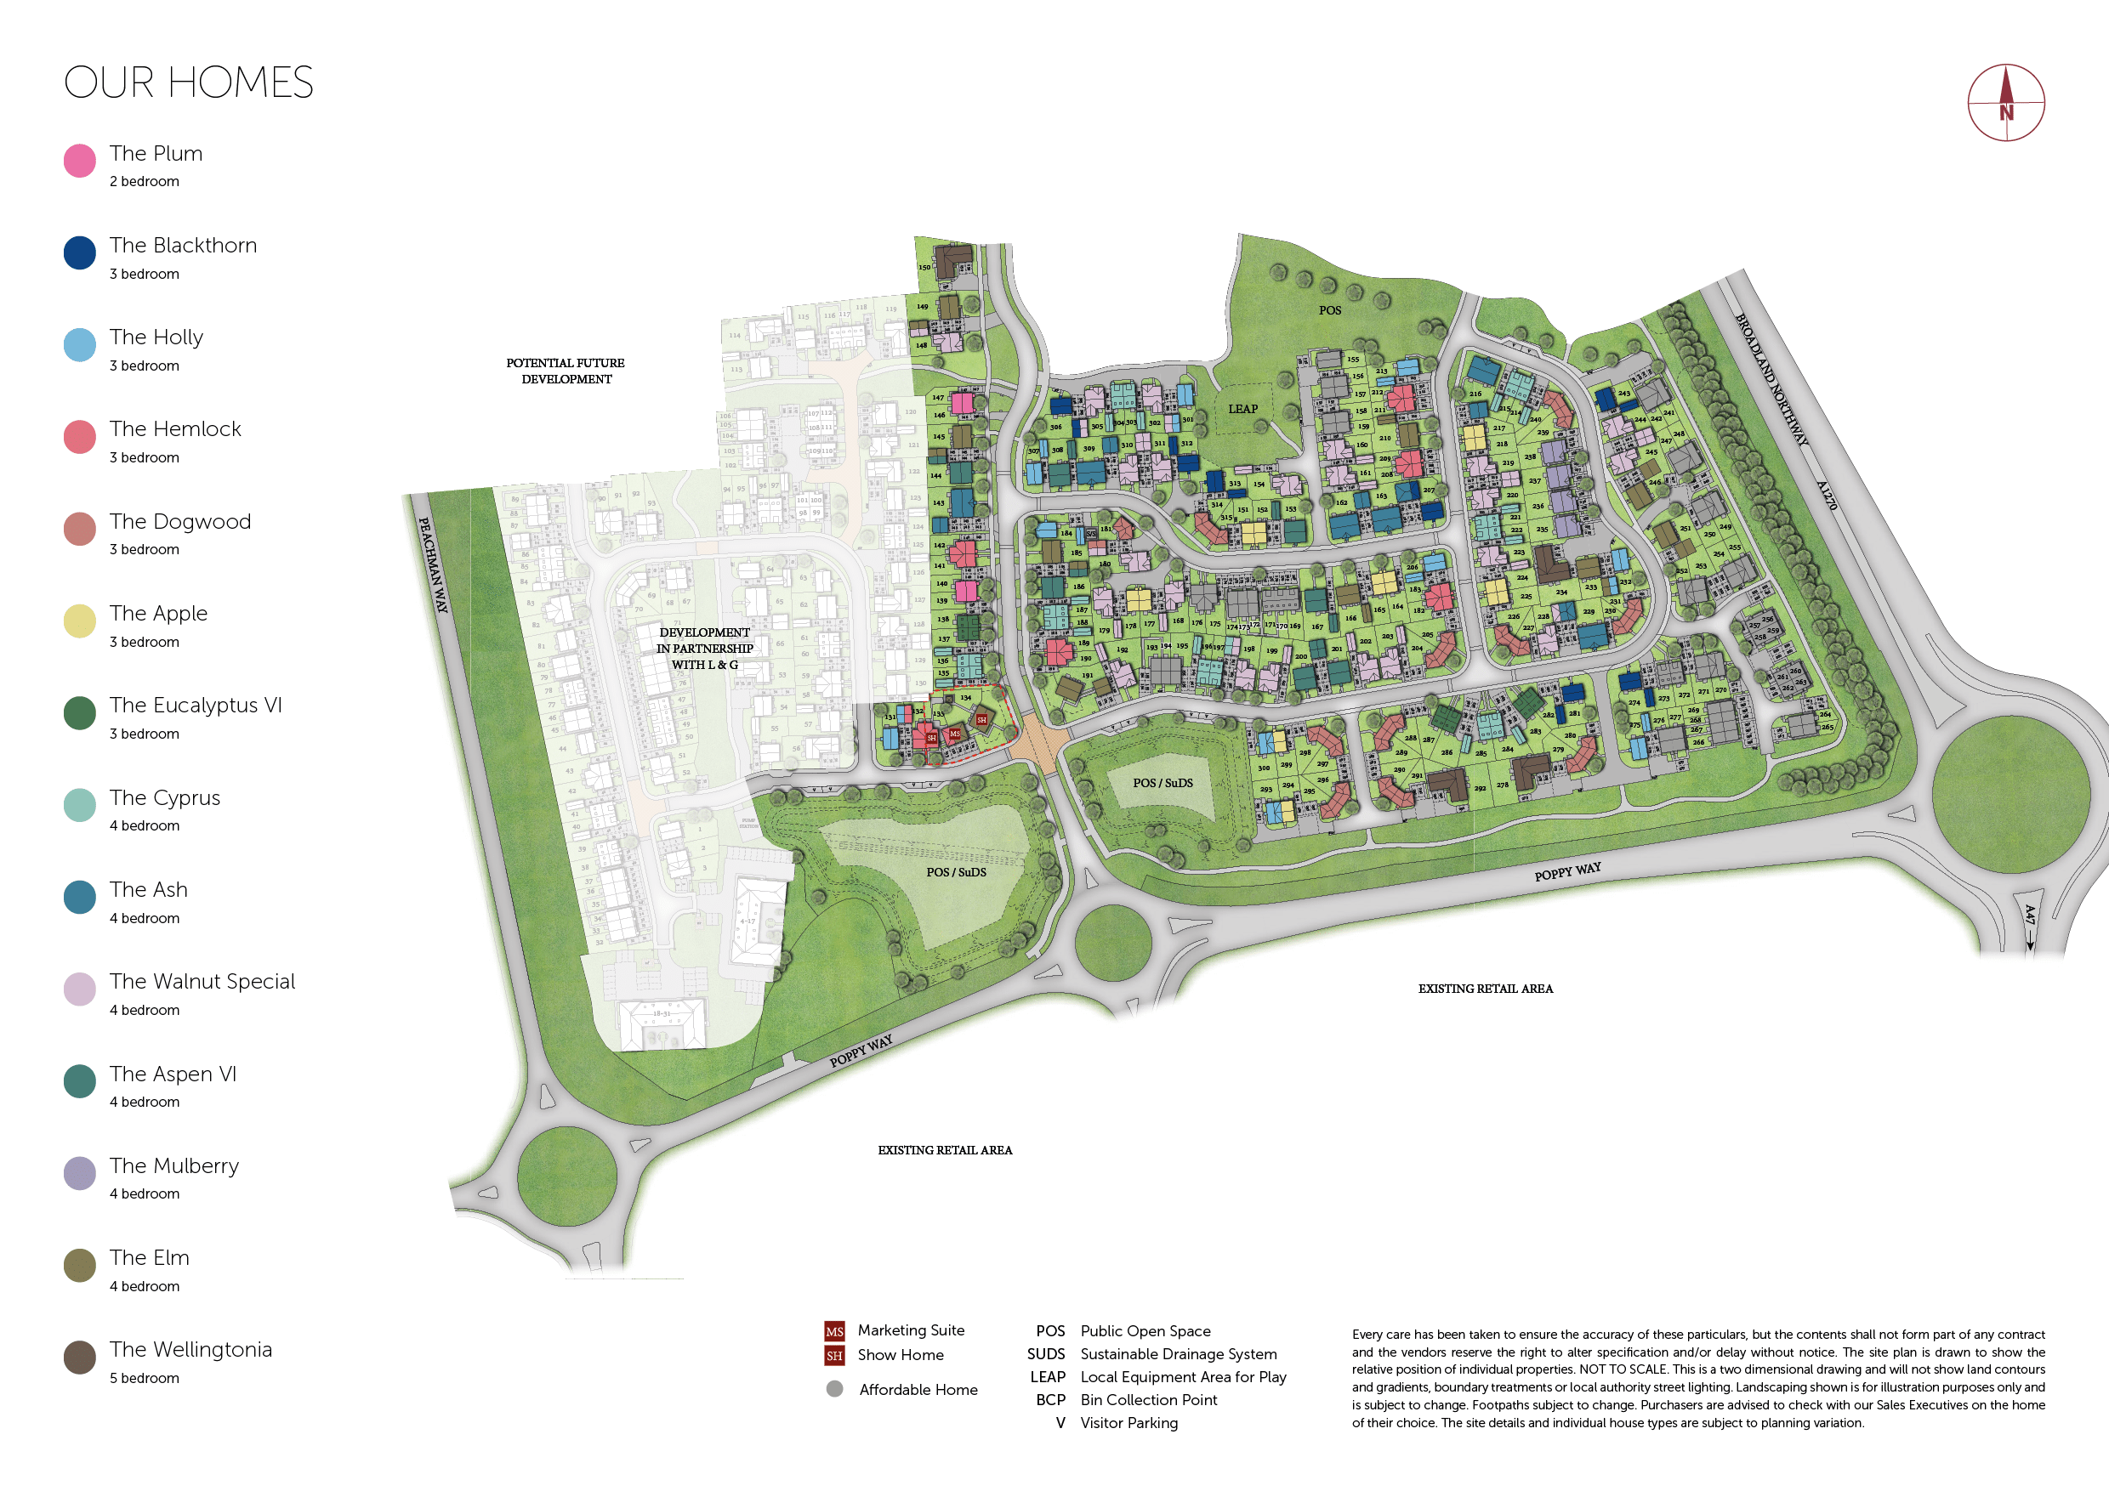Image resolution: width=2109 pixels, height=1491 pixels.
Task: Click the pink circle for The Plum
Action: point(80,161)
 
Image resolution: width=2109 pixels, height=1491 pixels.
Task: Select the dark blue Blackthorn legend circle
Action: point(80,252)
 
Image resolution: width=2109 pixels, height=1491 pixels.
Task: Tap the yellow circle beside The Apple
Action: point(80,621)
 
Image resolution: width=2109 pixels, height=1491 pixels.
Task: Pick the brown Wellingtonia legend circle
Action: point(80,1357)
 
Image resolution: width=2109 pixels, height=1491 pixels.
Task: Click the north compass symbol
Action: point(2005,103)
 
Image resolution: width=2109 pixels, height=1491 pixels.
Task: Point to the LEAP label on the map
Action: point(1242,410)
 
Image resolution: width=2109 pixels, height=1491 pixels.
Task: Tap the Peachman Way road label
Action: point(433,564)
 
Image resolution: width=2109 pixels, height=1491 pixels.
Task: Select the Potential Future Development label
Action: point(566,371)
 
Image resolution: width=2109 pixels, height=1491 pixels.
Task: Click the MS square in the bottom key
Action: point(834,1331)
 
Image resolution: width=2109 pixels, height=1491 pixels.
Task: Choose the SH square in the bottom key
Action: point(834,1356)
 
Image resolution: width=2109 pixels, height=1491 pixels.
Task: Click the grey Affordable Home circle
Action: point(834,1389)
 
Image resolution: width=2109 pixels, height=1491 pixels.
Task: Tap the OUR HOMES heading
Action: point(188,82)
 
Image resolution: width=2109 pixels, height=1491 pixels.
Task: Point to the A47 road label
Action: point(2030,916)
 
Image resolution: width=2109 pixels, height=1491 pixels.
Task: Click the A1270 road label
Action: point(1826,496)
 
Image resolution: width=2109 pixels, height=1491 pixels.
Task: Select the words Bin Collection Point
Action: point(1148,1400)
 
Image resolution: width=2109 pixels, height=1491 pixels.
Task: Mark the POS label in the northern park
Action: point(1329,310)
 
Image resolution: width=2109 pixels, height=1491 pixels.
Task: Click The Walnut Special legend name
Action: point(202,982)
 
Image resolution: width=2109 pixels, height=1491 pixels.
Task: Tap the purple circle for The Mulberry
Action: point(80,1173)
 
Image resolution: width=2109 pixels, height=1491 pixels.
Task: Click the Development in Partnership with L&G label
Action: point(704,649)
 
